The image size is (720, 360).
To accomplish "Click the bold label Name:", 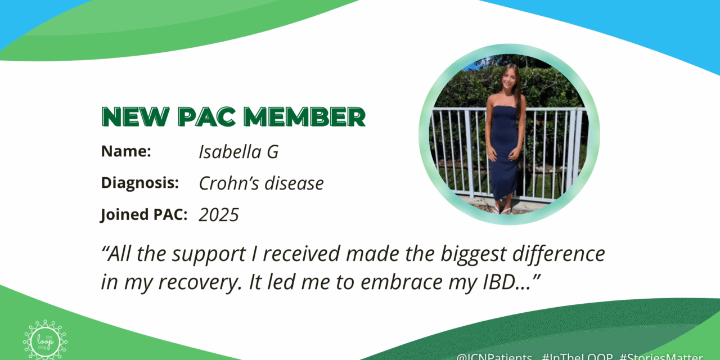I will [x=127, y=152].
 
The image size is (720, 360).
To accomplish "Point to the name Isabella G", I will [x=238, y=152].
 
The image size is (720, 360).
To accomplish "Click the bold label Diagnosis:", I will [x=140, y=183].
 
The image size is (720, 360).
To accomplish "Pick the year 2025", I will [x=219, y=215].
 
